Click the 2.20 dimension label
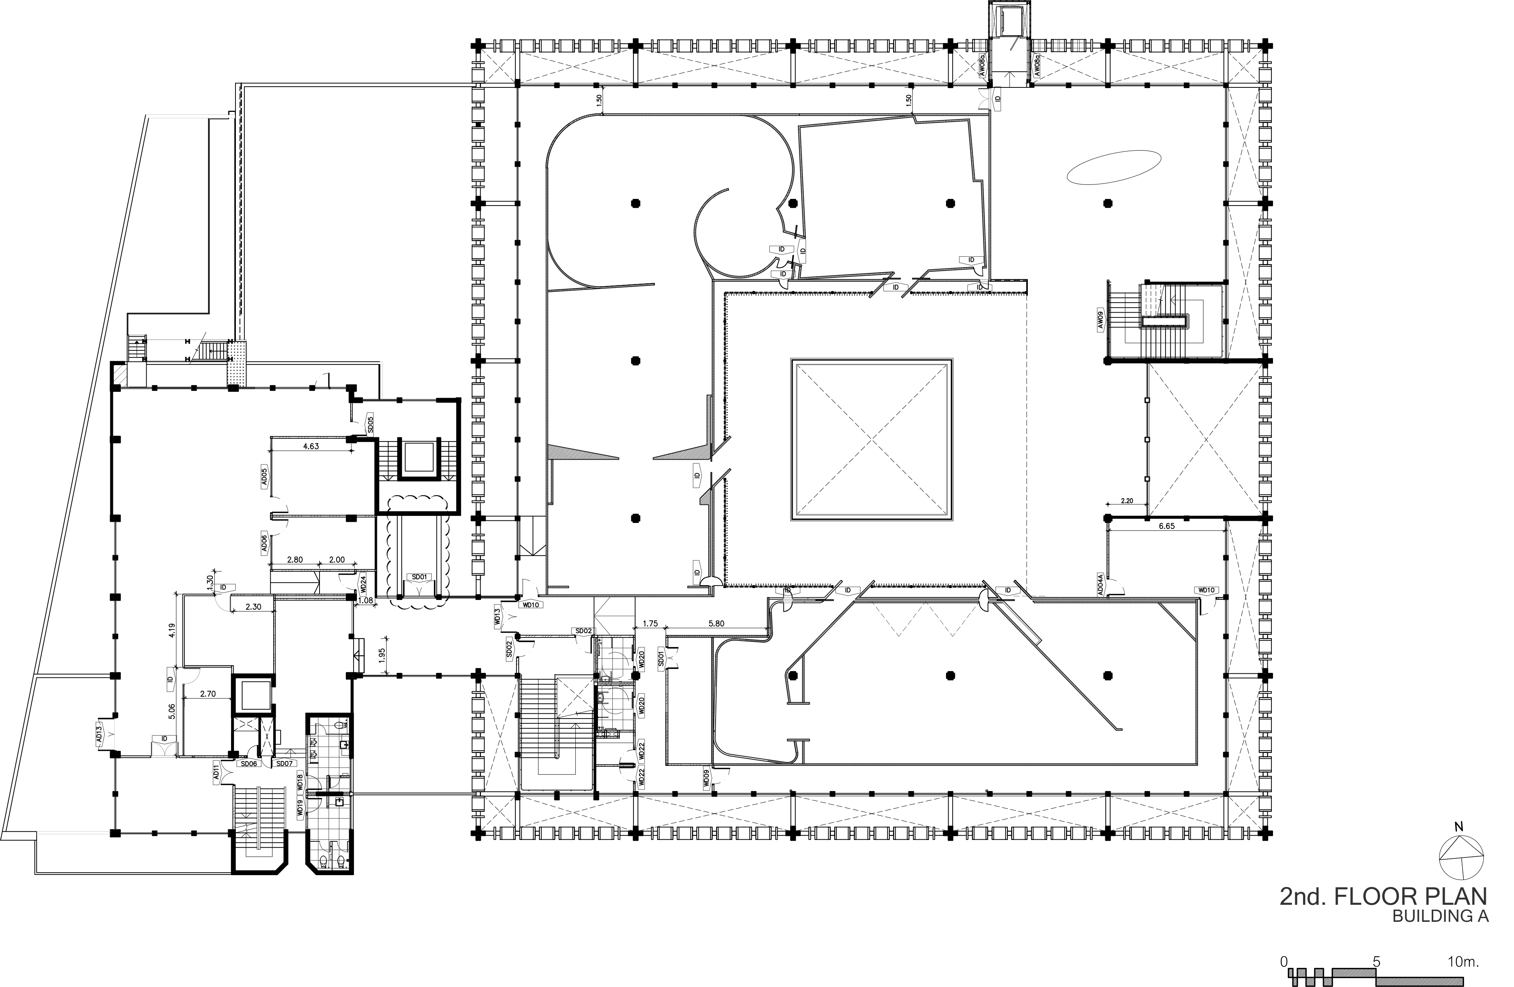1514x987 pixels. point(1127,501)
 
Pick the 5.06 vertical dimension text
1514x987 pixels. point(172,710)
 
